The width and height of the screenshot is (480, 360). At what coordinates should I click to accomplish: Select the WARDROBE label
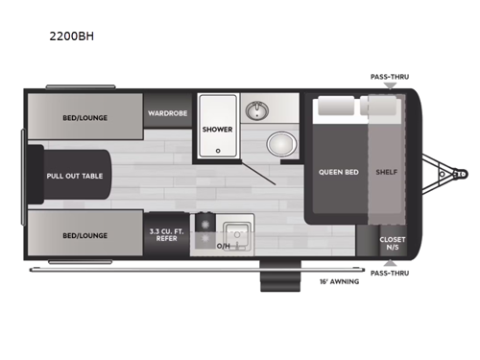pos(166,113)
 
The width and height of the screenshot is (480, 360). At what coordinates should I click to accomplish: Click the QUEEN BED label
pos(338,172)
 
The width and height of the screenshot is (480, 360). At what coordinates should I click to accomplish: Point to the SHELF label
pos(388,172)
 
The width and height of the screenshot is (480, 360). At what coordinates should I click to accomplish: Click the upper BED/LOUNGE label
pos(84,118)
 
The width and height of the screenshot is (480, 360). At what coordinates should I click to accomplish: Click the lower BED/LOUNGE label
pos(84,235)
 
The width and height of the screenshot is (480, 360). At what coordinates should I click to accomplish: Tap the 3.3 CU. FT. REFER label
pos(165,235)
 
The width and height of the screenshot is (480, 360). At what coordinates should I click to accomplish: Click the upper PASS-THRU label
pos(389,76)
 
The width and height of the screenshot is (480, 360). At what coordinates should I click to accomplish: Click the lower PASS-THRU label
pos(389,273)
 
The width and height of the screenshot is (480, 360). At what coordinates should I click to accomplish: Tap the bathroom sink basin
pos(256,111)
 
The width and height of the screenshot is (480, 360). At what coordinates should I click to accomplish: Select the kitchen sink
pos(235,233)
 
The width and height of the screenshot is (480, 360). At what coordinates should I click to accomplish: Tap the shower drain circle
pos(218,150)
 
